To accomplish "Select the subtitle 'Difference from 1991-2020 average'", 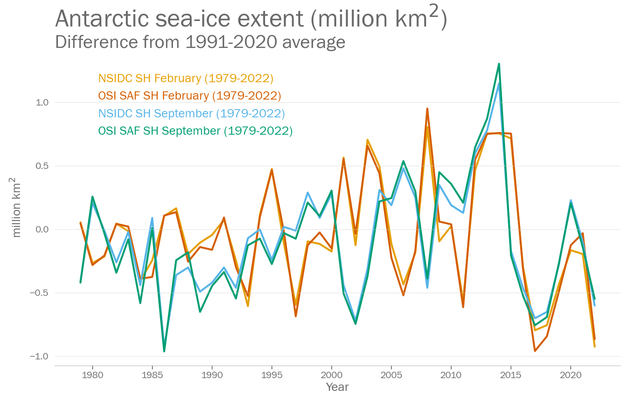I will click(x=200, y=42).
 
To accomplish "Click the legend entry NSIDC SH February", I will click(x=186, y=78).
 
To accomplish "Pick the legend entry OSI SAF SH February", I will click(x=189, y=95).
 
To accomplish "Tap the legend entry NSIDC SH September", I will click(x=191, y=113).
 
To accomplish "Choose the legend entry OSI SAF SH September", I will click(x=195, y=131).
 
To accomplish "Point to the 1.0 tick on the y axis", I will click(x=42, y=102).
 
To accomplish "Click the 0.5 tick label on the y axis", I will click(x=42, y=166).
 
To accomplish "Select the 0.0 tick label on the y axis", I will click(x=42, y=229).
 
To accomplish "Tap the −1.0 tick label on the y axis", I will click(x=39, y=356).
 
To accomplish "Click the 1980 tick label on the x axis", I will click(x=93, y=375).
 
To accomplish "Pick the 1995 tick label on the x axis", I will click(x=272, y=375).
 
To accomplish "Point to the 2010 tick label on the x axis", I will click(x=451, y=375).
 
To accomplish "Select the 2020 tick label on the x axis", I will click(x=570, y=375).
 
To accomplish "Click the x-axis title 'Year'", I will click(x=337, y=387).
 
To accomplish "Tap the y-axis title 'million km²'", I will click(x=16, y=208).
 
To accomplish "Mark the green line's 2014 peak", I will click(x=499, y=64).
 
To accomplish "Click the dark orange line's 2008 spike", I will click(x=427, y=109).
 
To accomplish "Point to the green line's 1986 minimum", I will click(x=164, y=351).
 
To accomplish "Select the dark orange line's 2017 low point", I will click(x=535, y=351).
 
